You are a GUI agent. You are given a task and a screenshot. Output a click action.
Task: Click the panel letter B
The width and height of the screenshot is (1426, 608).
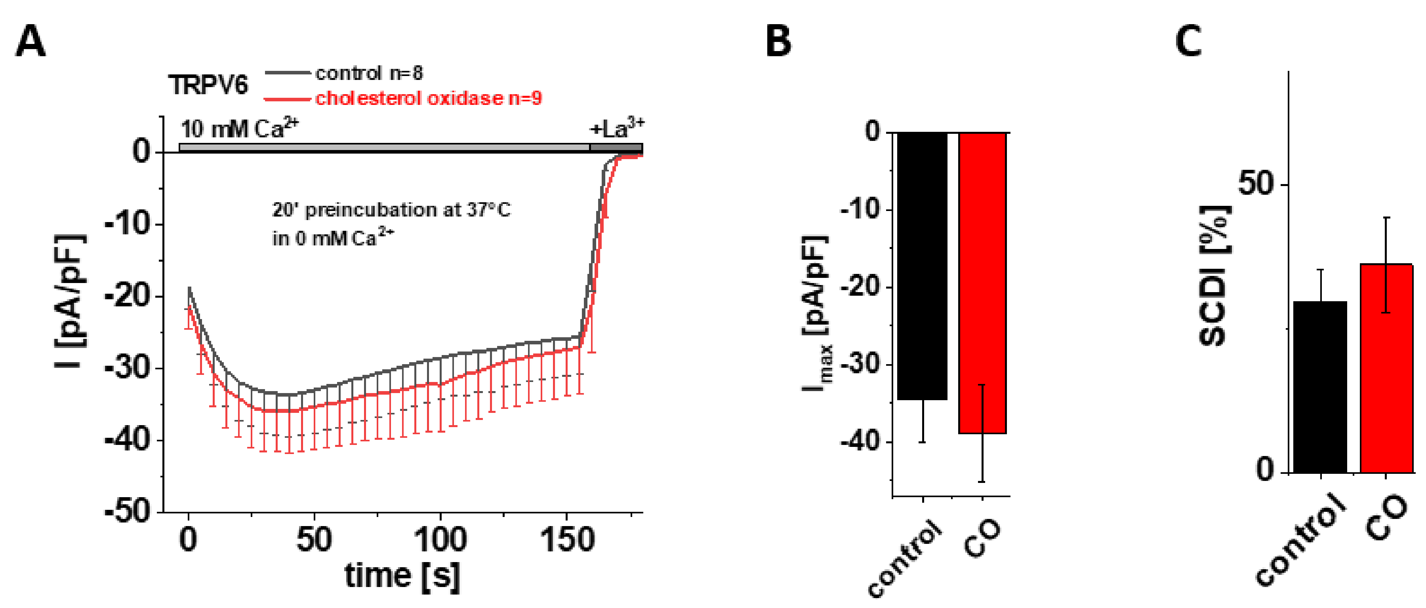(778, 42)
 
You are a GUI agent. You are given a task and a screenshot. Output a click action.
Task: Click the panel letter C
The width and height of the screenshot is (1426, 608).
(1188, 42)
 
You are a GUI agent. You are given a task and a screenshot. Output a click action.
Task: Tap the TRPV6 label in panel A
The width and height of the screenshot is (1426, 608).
(208, 85)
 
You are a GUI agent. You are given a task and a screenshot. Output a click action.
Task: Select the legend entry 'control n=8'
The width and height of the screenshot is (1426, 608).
(369, 73)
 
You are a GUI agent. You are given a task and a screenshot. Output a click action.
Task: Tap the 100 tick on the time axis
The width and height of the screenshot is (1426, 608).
(440, 540)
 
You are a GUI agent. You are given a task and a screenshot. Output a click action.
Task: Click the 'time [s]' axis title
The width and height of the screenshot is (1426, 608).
(402, 576)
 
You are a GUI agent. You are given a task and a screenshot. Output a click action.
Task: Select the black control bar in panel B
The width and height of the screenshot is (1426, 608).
(922, 266)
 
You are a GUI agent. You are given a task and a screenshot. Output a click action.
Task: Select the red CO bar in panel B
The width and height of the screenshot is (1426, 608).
(983, 282)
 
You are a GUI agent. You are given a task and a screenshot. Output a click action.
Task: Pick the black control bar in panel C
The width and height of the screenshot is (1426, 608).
(1320, 387)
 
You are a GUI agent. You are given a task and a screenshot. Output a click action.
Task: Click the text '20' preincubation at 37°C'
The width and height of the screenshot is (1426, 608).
(391, 210)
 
